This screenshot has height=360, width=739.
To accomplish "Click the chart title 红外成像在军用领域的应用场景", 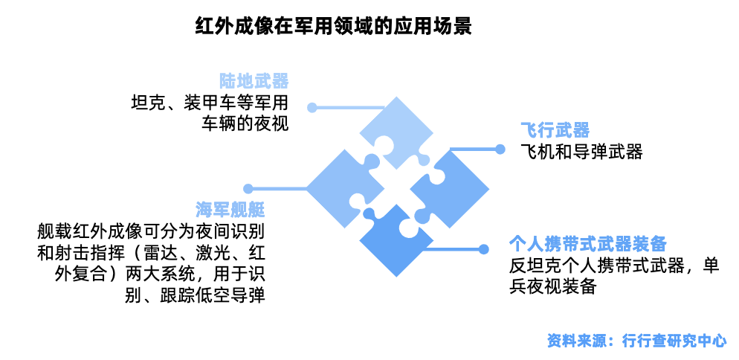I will (x=333, y=26).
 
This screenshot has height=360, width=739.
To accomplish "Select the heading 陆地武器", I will (x=254, y=81).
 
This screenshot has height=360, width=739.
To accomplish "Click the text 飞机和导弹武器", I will (x=581, y=152).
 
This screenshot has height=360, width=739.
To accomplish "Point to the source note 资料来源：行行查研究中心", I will (x=636, y=341).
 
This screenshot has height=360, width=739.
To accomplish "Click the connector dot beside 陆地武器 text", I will (x=314, y=107).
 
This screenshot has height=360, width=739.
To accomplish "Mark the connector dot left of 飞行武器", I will (x=500, y=149).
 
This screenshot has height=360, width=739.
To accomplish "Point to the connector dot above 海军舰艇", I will (x=248, y=189).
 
